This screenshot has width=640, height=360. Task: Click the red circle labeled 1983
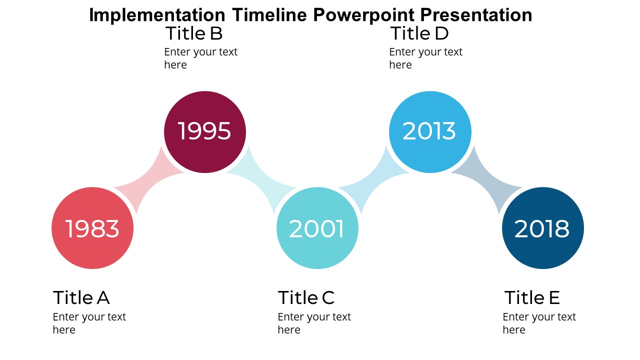tap(92, 228)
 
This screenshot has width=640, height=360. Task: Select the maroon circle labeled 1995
tap(205, 132)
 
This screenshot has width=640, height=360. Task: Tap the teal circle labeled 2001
tap(317, 228)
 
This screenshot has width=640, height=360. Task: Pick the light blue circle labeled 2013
tap(430, 132)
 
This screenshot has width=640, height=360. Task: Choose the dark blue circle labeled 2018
tap(542, 228)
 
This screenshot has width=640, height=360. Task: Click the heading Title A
tap(81, 297)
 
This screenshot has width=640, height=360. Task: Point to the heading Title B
tap(193, 33)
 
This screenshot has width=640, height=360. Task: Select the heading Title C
tap(306, 297)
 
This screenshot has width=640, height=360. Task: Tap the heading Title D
tap(419, 33)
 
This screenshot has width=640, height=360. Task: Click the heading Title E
tap(531, 297)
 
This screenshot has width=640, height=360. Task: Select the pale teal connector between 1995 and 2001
tap(261, 180)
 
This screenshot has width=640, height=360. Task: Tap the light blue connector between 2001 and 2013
tap(374, 180)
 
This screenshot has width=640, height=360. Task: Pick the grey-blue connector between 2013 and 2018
tap(486, 180)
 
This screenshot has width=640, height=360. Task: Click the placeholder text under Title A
tap(89, 323)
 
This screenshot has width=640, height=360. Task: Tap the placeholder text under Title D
tap(425, 58)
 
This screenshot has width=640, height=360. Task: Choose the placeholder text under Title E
tap(539, 323)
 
